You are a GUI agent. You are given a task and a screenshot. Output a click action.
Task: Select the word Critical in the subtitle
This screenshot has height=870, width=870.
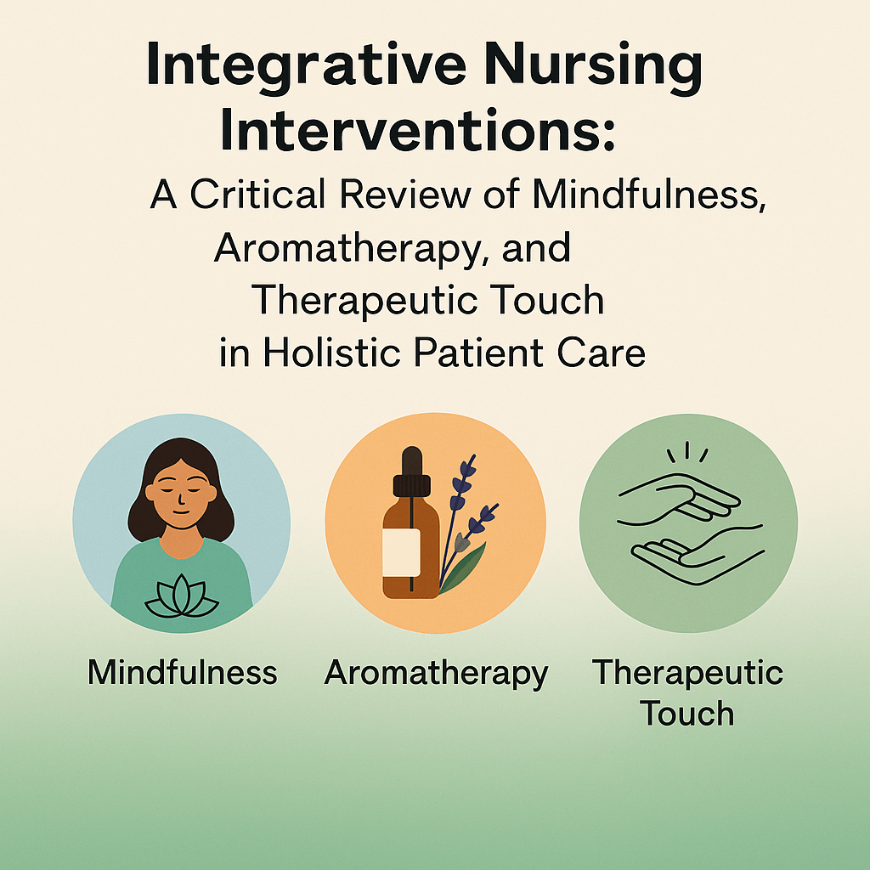click(257, 195)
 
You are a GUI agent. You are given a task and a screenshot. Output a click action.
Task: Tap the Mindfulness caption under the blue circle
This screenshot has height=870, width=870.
click(182, 672)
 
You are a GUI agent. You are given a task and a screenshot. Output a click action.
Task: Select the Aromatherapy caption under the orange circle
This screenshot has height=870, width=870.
click(436, 674)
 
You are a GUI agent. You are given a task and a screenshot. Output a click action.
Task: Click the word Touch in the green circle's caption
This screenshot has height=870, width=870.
click(686, 713)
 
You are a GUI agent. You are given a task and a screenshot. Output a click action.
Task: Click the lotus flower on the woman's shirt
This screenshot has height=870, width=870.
click(182, 596)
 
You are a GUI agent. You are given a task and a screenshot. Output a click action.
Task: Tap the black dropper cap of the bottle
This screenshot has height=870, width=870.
click(412, 472)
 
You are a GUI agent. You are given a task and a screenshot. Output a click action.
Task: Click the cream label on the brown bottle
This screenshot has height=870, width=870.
click(401, 552)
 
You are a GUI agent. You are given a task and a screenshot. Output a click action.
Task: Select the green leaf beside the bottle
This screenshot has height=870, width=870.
click(463, 568)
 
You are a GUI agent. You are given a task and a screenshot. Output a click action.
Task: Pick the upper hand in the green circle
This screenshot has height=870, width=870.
click(679, 498)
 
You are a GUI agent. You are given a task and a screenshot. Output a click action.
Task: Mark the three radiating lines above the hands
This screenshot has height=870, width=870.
click(686, 451)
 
